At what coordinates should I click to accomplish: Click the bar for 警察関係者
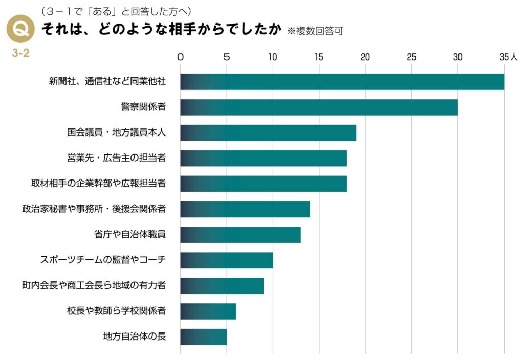point(319,107)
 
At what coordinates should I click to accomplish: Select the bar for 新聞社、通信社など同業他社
point(342,82)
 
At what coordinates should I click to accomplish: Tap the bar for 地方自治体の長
point(203,337)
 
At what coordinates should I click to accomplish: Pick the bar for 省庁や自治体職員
point(240,235)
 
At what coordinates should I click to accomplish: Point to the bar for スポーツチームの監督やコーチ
point(226,260)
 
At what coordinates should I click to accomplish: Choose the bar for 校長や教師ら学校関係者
point(208,311)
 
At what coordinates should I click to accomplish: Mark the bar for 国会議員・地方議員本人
point(268,133)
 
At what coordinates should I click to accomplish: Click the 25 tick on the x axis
point(411,57)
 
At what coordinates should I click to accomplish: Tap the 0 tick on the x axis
point(180,57)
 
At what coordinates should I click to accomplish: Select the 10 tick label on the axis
point(273,57)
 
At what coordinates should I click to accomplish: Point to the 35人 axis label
point(508,57)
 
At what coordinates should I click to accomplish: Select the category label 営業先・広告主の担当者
point(116,158)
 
